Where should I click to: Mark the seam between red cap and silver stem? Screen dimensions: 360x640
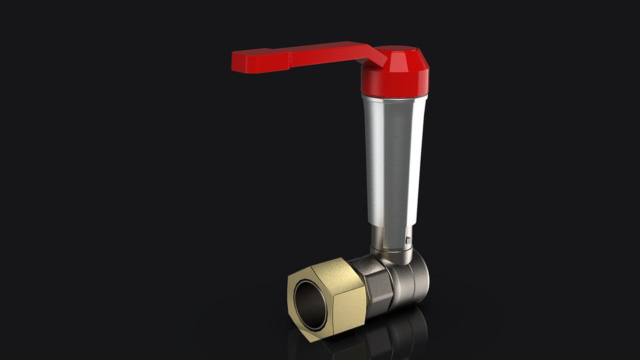point(395,95)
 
